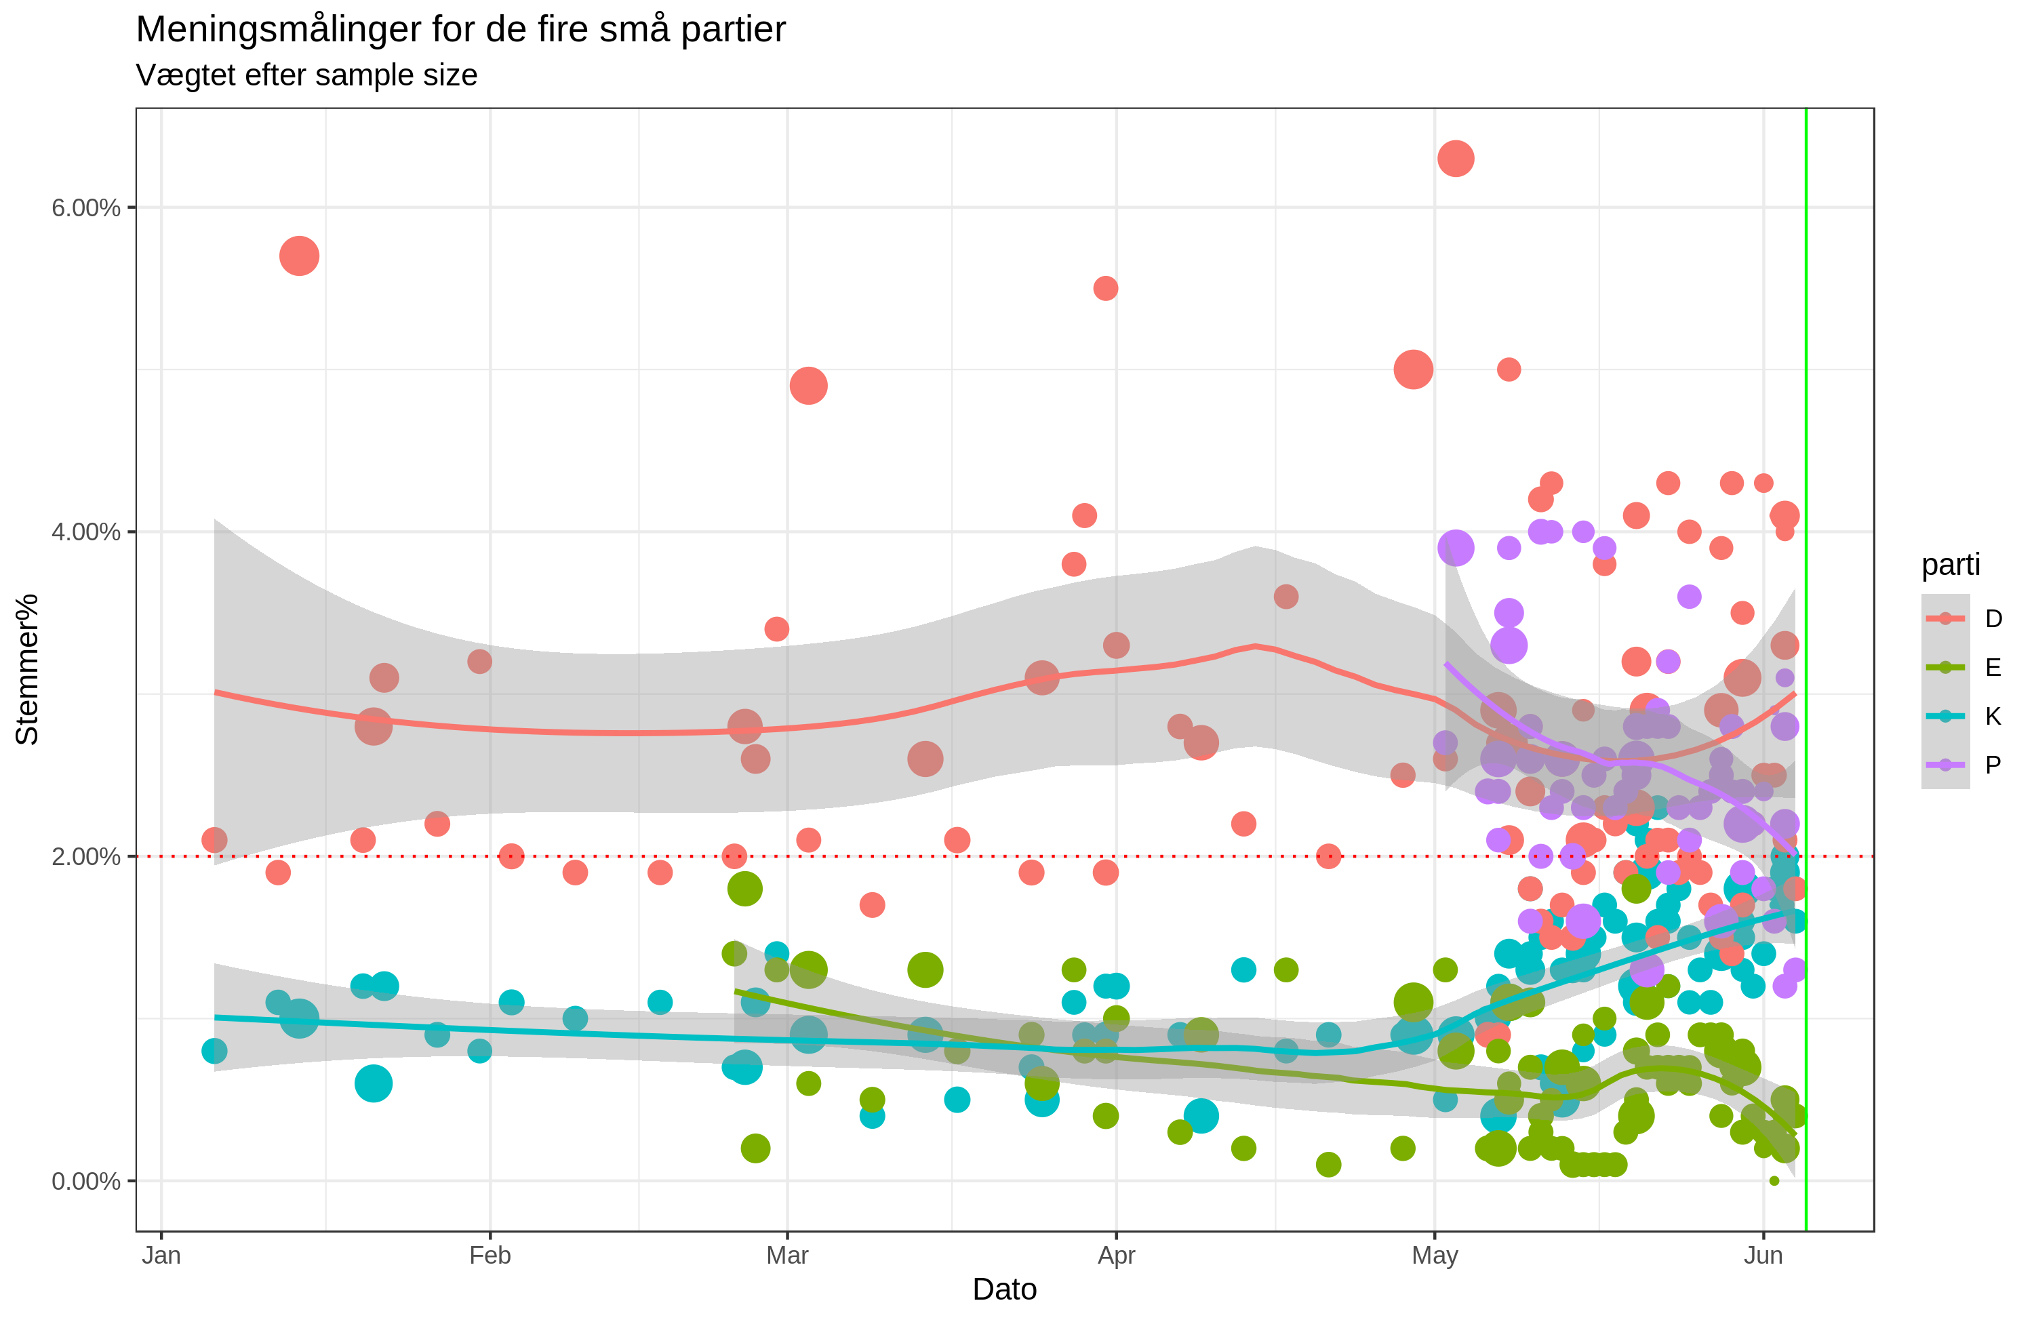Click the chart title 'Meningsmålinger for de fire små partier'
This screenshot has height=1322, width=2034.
point(460,30)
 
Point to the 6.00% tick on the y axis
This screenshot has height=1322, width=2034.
point(85,207)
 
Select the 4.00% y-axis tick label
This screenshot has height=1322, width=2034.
point(85,532)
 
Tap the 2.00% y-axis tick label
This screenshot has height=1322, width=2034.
point(85,856)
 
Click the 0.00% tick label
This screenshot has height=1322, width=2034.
point(85,1181)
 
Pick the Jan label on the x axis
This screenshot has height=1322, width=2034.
point(161,1256)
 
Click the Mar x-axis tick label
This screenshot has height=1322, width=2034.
point(787,1256)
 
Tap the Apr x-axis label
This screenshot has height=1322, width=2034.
point(1116,1256)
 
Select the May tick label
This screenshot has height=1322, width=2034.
point(1435,1256)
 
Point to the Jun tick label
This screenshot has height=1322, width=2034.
point(1763,1256)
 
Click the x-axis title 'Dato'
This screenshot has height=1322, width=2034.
point(1004,1289)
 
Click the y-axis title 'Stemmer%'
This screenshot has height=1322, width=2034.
point(27,669)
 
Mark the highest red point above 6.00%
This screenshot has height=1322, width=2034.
point(1456,159)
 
